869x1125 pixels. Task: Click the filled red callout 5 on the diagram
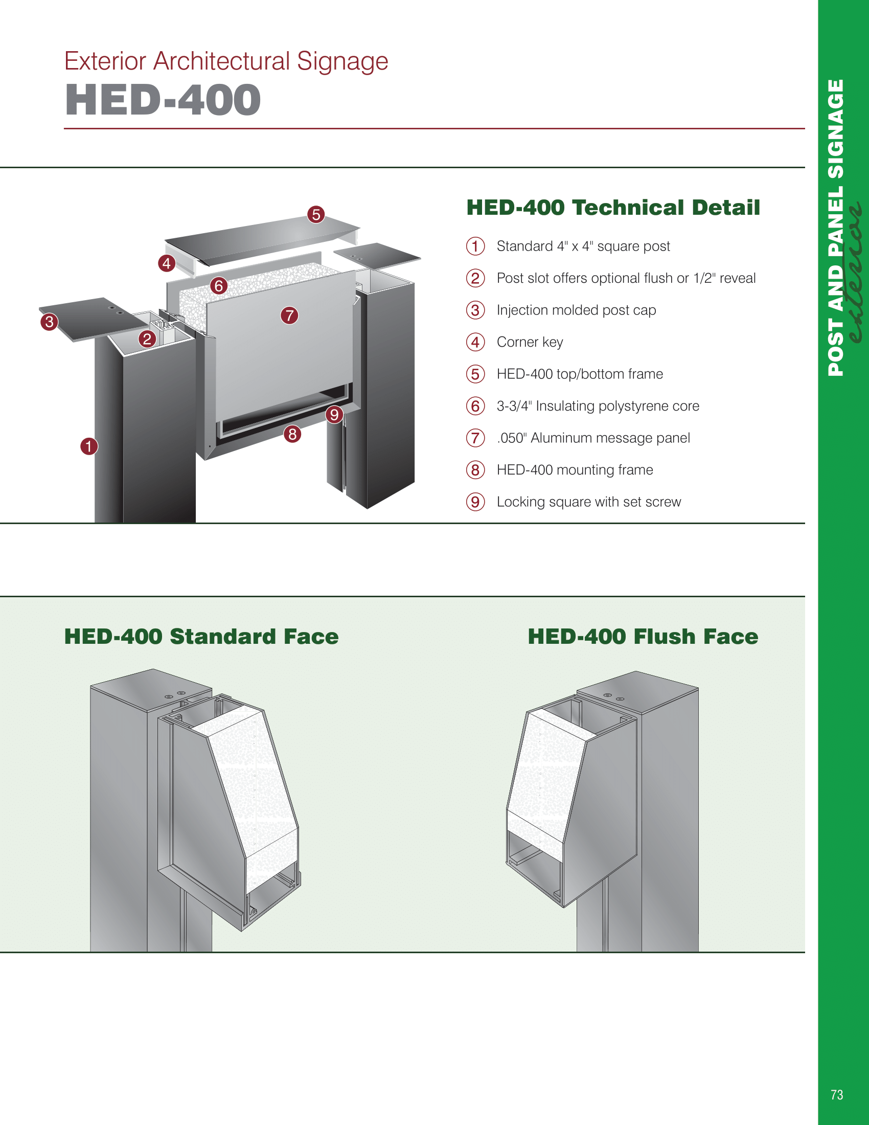point(316,214)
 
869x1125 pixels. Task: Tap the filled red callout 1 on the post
point(89,446)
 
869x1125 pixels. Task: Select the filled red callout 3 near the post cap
point(50,322)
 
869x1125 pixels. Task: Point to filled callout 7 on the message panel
point(289,315)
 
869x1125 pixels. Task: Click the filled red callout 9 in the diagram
point(334,414)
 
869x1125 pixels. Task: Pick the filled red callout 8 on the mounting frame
point(292,434)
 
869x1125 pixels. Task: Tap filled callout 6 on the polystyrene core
point(219,285)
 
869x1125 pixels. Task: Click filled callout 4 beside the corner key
point(166,264)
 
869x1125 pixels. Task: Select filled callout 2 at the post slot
point(147,339)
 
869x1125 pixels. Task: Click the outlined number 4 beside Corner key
point(475,342)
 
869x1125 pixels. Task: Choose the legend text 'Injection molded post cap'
point(576,310)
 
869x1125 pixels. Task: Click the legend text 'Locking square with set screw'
point(588,502)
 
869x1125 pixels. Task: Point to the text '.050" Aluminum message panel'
point(593,438)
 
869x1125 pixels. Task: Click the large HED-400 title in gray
point(163,100)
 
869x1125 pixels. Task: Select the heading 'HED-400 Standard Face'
point(201,637)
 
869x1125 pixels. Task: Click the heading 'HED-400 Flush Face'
point(643,637)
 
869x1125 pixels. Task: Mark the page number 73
point(837,1095)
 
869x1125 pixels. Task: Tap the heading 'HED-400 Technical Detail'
point(612,208)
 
